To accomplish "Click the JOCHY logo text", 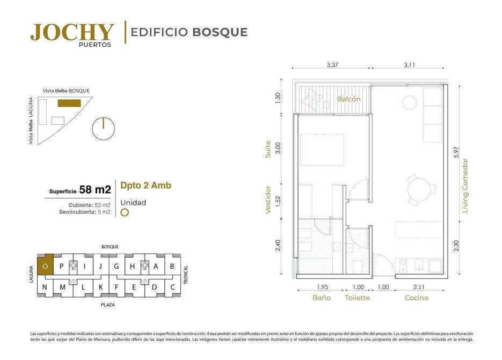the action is click(x=72, y=32).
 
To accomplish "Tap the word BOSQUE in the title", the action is click(x=220, y=32).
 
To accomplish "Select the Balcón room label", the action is click(x=348, y=99).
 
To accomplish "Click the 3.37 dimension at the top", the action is click(x=332, y=64).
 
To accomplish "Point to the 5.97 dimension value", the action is click(x=456, y=152).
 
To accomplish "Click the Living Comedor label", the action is click(x=465, y=186).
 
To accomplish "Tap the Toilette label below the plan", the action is click(x=357, y=298).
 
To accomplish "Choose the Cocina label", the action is click(x=416, y=298).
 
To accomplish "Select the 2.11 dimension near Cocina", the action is click(x=419, y=287).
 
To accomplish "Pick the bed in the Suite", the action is click(x=322, y=150).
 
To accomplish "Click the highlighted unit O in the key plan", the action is click(x=46, y=264).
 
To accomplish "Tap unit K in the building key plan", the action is click(x=100, y=287).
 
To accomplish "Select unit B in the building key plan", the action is click(x=172, y=266).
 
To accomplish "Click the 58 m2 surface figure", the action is click(x=95, y=190).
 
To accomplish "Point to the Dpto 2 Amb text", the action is click(x=145, y=185).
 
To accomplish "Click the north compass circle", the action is click(x=103, y=128).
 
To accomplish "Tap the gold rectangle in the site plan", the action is click(x=69, y=103).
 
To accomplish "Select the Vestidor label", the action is click(x=268, y=200).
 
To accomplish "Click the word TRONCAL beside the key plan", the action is click(x=186, y=275).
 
